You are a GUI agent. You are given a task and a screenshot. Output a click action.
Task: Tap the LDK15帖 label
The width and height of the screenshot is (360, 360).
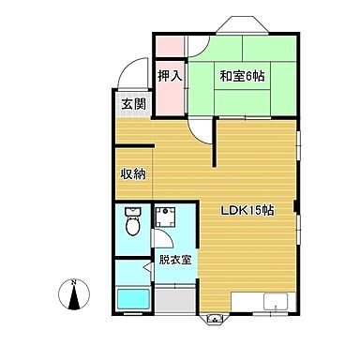247,210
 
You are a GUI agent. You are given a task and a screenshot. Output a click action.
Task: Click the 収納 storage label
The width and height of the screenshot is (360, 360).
132,173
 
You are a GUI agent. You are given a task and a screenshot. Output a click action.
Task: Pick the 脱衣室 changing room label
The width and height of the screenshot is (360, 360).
174,260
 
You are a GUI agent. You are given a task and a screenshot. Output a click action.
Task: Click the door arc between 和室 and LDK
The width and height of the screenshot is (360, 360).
200,133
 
